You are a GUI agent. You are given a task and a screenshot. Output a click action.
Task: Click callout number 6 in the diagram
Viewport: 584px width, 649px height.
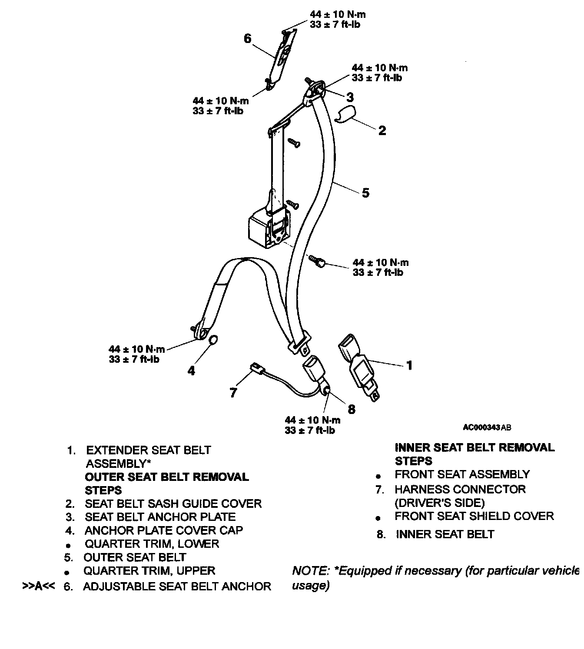(247, 39)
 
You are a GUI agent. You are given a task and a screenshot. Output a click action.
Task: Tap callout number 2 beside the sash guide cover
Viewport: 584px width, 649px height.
(382, 130)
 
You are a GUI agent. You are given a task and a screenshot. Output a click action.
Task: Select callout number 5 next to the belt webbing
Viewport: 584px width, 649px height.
(365, 192)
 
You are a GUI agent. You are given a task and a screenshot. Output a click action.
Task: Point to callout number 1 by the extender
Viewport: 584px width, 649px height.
(408, 365)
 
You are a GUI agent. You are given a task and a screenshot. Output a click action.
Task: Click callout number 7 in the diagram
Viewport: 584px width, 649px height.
(233, 393)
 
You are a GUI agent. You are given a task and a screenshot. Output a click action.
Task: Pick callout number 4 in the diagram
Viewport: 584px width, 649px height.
(191, 370)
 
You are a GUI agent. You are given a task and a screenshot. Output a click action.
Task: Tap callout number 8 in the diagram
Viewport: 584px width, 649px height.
(352, 409)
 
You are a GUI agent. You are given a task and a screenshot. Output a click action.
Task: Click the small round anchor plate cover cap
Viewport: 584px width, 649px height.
(213, 339)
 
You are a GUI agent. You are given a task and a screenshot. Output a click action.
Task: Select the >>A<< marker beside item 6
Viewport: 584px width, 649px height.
(39, 586)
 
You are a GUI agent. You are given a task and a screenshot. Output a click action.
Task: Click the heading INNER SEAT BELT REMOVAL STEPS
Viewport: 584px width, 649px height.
(474, 454)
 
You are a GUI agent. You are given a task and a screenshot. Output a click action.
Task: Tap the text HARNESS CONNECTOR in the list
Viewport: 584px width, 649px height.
(460, 490)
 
